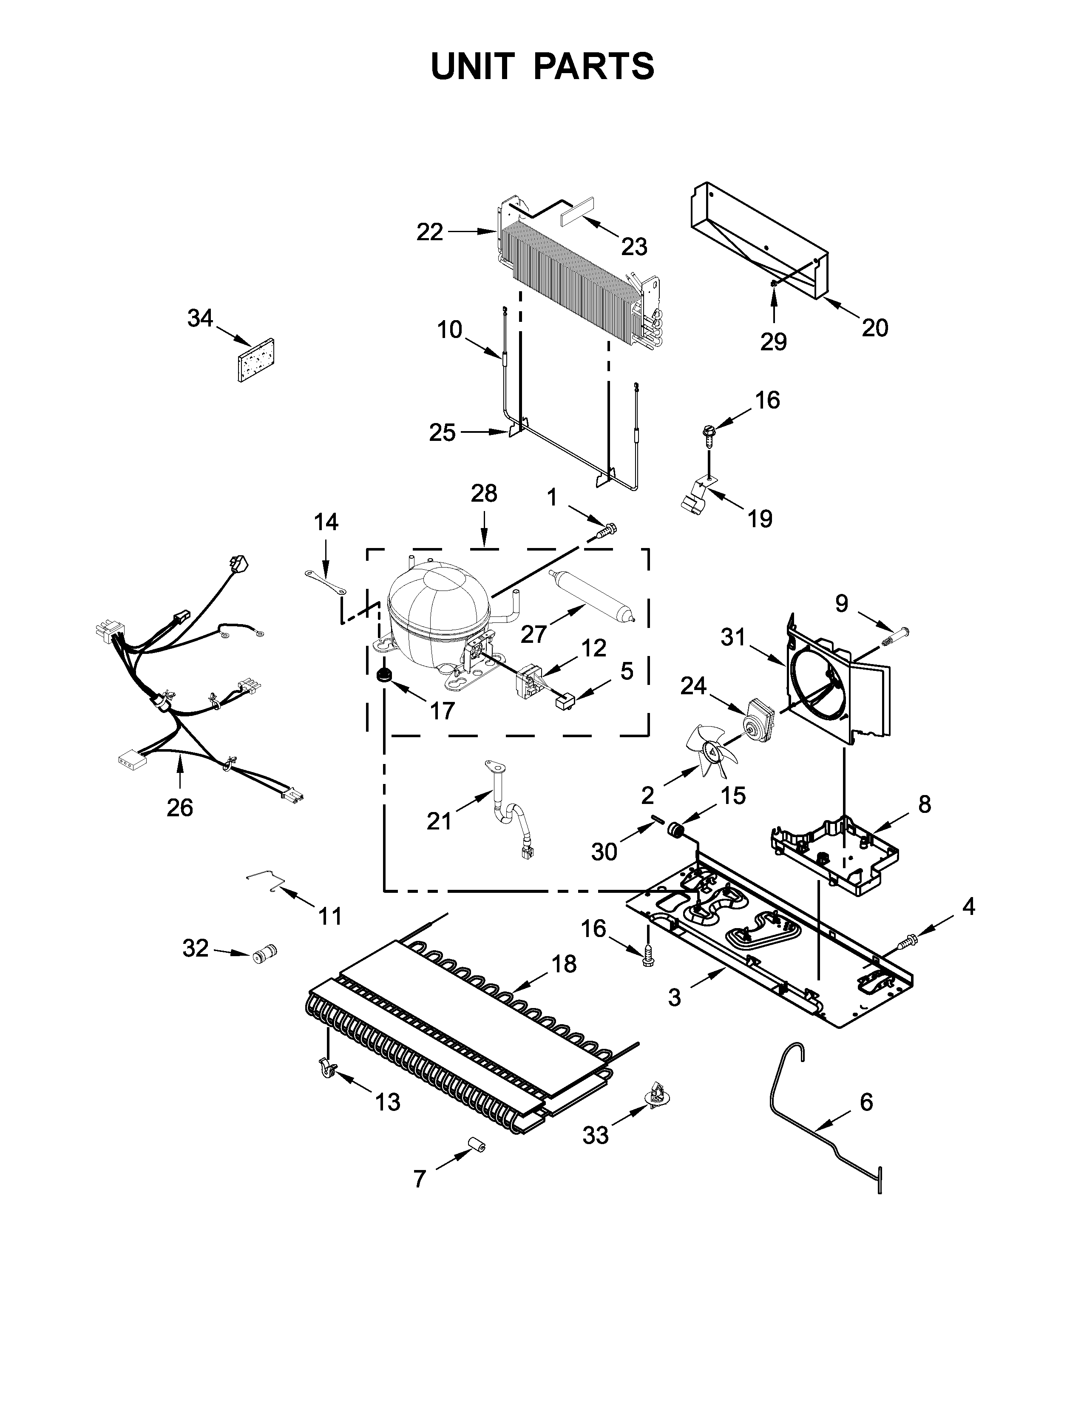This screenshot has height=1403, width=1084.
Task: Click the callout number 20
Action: coord(875,328)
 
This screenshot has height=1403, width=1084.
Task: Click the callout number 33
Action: coord(595,1136)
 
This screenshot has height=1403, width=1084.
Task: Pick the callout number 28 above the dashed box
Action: coord(484,493)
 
